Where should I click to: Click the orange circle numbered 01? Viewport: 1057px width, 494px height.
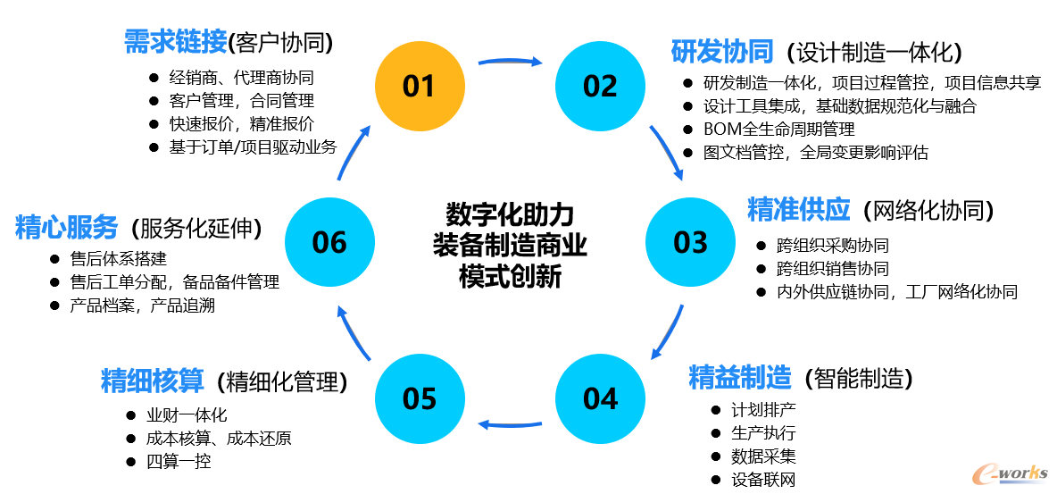pos(419,86)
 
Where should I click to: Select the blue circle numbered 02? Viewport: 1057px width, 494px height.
pos(600,86)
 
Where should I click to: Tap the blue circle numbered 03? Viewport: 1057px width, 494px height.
pos(690,242)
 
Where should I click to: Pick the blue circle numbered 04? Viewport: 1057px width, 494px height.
pos(600,398)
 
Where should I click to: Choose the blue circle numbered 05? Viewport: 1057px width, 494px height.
pos(419,398)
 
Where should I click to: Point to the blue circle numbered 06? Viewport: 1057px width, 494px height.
pos(329,242)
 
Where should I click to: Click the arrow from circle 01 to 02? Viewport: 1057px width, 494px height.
pos(510,62)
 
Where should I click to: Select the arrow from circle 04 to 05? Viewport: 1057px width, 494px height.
pos(510,423)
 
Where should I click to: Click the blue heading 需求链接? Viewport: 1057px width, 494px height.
pos(174,41)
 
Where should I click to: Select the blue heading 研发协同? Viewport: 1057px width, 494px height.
pos(721,52)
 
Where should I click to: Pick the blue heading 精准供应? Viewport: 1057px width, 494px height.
pos(798,210)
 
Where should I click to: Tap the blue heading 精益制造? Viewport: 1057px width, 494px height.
pos(740,378)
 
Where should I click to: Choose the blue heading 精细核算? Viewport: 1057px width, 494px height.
pos(153,381)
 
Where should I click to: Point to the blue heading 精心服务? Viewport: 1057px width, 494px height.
pos(66,228)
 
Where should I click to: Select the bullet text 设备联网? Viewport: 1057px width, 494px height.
pos(762,480)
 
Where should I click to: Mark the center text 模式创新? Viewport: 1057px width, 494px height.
pos(510,276)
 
